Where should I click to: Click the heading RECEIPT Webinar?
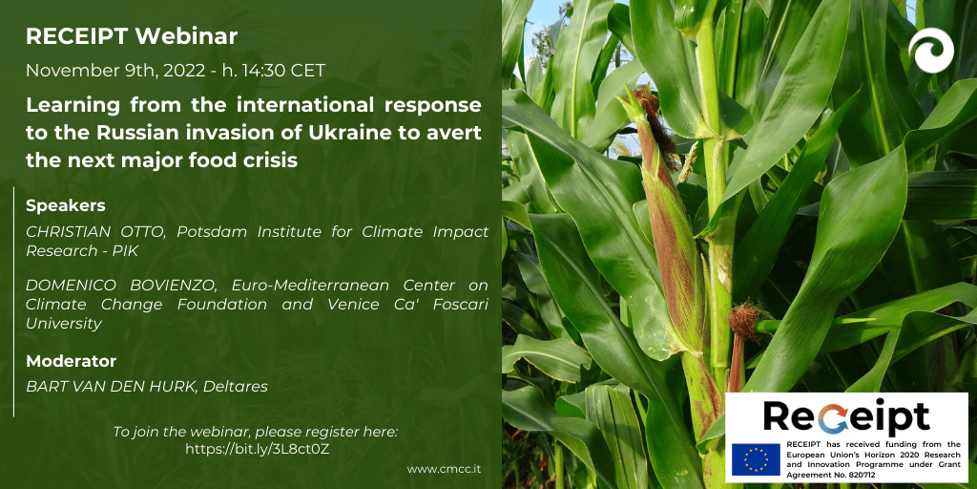point(132,37)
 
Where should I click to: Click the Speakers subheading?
point(66,206)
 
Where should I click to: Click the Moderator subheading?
point(71,361)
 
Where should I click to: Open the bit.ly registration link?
point(258,449)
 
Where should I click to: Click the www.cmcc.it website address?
point(445,468)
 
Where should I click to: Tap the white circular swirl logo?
point(931,51)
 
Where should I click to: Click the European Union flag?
point(756,460)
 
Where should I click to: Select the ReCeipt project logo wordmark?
point(846,416)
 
